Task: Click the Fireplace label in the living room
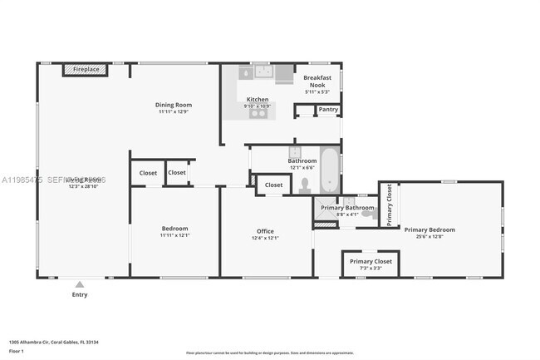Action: click(86, 70)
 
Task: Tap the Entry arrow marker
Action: click(80, 284)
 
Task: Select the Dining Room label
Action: click(174, 105)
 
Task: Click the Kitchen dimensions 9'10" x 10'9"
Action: click(258, 106)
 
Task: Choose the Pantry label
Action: click(328, 109)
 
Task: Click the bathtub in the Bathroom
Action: click(329, 170)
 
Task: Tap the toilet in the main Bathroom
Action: click(305, 184)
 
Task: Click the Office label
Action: click(265, 231)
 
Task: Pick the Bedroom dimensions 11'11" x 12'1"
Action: click(174, 235)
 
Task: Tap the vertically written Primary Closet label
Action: click(389, 205)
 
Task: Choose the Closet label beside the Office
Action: click(274, 185)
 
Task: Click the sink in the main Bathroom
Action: click(294, 153)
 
